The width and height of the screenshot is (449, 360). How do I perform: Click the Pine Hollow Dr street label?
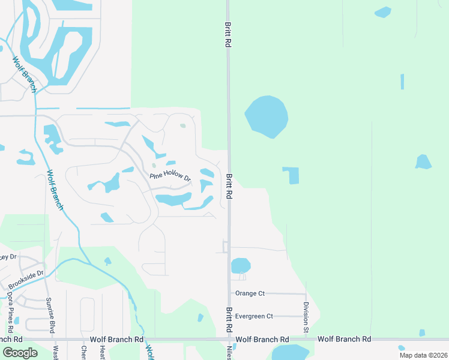(x=170, y=176)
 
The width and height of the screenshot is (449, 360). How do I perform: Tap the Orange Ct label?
(x=250, y=293)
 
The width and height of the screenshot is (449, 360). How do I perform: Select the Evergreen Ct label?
(x=254, y=316)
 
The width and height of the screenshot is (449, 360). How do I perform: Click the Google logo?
(x=20, y=353)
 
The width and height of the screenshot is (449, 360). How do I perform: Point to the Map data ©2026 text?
(x=423, y=355)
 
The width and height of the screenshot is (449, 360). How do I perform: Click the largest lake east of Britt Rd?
(x=266, y=116)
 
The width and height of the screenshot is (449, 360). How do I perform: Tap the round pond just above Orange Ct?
(x=241, y=265)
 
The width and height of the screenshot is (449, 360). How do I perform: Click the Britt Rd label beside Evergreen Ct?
(x=229, y=320)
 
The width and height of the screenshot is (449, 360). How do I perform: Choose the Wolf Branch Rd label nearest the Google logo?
(x=116, y=340)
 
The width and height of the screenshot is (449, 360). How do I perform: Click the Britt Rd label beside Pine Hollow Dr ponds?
(x=229, y=187)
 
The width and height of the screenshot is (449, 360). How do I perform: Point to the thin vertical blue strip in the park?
(x=402, y=82)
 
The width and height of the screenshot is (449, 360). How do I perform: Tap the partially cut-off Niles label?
(x=229, y=352)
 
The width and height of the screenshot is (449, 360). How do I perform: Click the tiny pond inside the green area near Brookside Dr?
(x=107, y=261)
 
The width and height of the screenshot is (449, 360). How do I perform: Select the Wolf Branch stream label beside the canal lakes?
(x=23, y=74)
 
